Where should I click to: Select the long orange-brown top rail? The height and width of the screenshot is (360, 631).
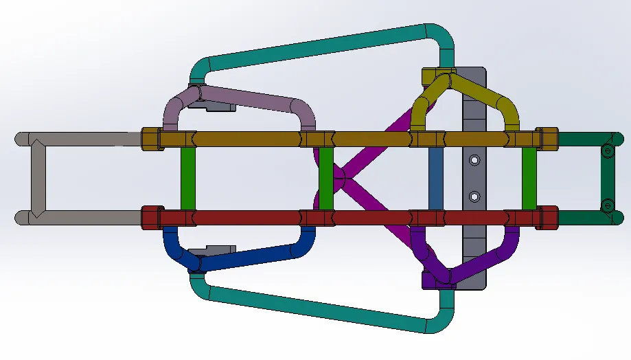[x=247, y=139]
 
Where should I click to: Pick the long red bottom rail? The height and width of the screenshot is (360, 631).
[x=247, y=218]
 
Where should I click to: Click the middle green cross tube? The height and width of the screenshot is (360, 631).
[x=326, y=178]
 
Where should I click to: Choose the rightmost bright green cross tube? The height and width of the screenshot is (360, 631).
[x=529, y=178]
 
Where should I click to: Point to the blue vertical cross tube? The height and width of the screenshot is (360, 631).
[x=435, y=178]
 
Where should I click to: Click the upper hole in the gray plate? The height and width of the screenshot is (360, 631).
[x=474, y=160]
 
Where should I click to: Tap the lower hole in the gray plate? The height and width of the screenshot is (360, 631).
[x=474, y=196]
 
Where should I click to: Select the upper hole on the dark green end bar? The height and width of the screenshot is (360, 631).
[x=606, y=150]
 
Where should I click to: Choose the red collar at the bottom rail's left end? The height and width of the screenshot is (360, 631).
[x=151, y=218]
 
